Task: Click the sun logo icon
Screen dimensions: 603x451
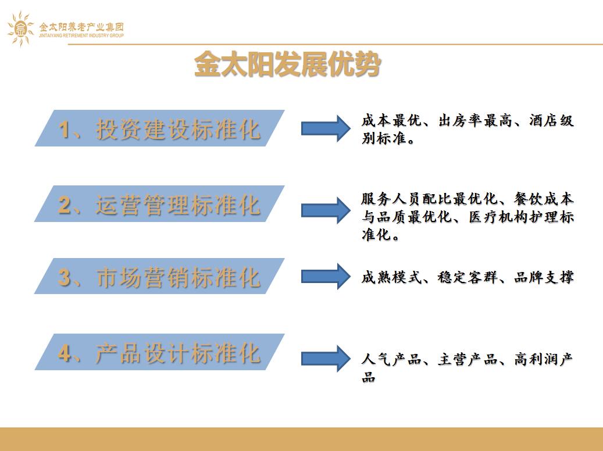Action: [21, 29]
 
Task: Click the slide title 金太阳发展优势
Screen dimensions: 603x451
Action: [288, 64]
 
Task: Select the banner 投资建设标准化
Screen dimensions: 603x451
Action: [159, 128]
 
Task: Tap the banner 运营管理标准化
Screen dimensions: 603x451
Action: [159, 204]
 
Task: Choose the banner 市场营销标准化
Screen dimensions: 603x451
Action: [159, 276]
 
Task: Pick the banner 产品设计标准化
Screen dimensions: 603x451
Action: [159, 352]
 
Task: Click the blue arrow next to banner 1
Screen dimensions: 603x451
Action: [326, 128]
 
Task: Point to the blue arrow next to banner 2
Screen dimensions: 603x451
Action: [326, 210]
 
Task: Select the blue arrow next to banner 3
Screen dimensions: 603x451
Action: [326, 276]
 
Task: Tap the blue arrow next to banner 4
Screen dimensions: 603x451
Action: [326, 359]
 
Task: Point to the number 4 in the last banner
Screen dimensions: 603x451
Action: [64, 353]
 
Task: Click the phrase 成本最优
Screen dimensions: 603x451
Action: [391, 120]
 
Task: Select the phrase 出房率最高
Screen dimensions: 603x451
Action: [476, 120]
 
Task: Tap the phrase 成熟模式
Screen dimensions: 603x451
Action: [391, 277]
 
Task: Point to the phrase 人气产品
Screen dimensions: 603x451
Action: [391, 359]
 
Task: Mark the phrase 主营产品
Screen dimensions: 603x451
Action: [468, 359]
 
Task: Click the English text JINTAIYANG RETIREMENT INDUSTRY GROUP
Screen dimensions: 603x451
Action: [81, 35]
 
